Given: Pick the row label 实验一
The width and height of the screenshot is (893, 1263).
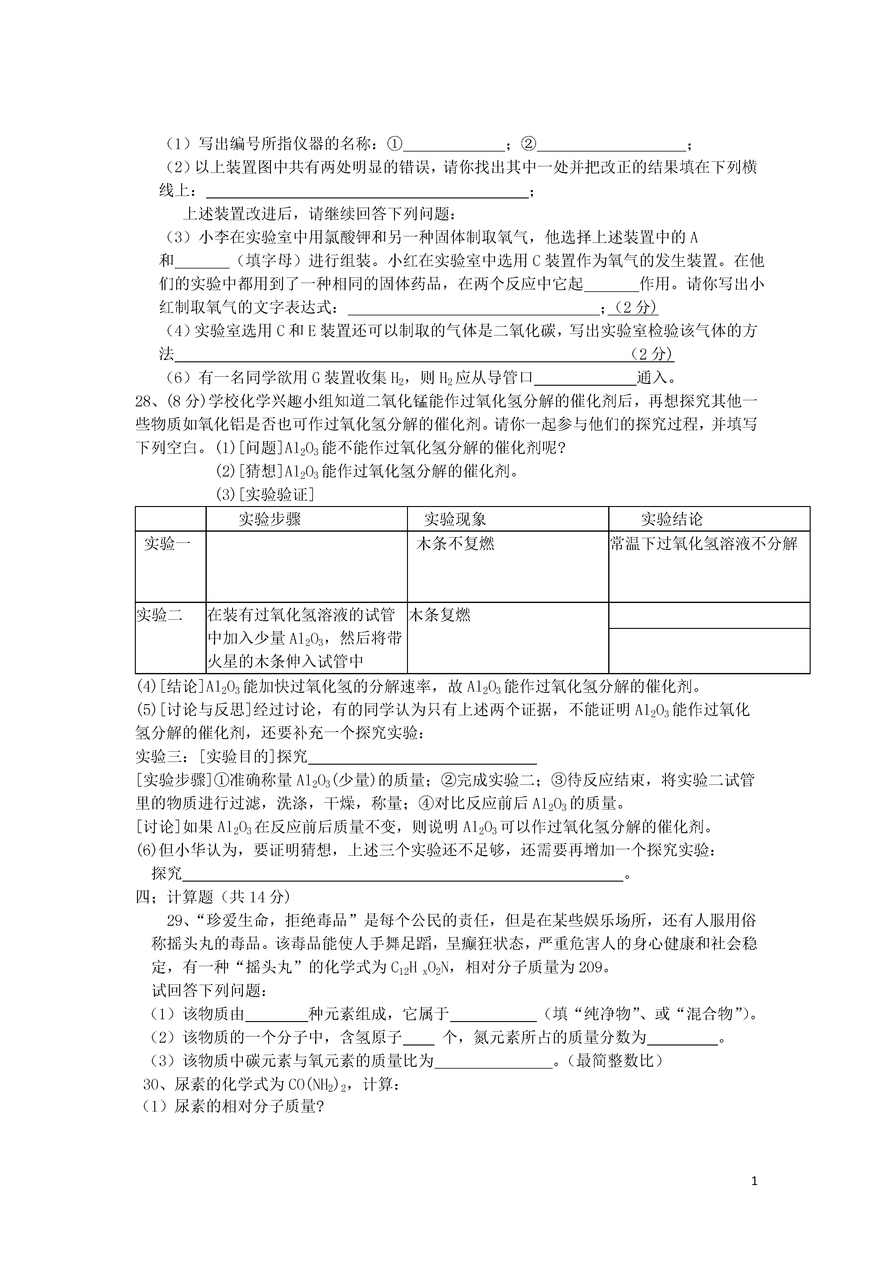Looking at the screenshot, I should coord(167,544).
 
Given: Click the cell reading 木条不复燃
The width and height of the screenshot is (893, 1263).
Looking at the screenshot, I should coord(455,544).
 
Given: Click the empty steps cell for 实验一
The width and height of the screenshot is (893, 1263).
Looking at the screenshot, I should coord(306,567).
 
